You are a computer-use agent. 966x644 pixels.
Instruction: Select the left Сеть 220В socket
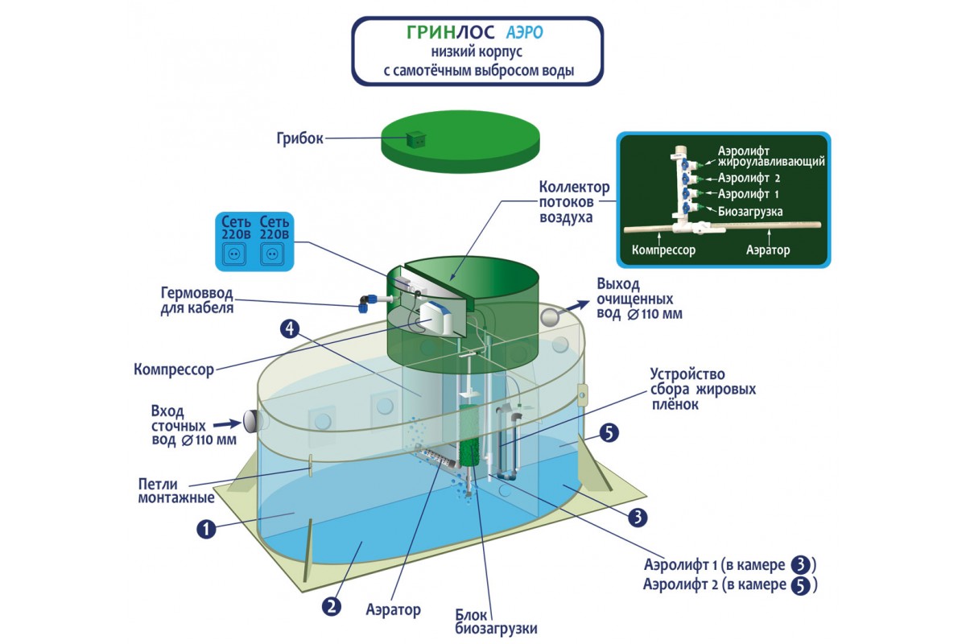(x=236, y=254)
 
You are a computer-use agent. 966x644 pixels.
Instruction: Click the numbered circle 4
(x=291, y=328)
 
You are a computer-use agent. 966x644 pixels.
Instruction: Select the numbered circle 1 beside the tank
(x=207, y=529)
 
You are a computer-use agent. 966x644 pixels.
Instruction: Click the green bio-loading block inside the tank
(x=469, y=439)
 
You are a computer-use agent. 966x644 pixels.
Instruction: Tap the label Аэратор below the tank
(x=393, y=610)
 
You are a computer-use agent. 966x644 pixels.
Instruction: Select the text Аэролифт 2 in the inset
(x=748, y=178)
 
